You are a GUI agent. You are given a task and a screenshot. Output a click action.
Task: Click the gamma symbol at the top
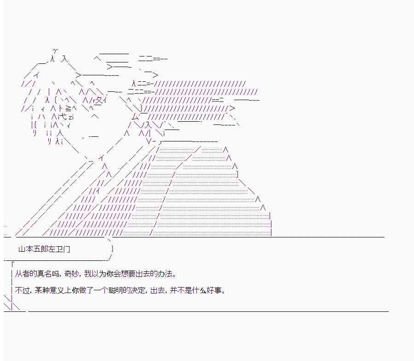(x=55, y=51)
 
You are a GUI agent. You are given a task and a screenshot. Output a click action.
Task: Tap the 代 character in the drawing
(x=63, y=117)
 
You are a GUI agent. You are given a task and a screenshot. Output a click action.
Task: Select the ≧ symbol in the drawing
(x=68, y=108)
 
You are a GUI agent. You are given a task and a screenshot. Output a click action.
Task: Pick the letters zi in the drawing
(x=71, y=117)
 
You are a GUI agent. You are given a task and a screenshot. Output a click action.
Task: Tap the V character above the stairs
(x=149, y=141)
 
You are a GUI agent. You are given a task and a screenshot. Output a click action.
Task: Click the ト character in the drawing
(x=60, y=108)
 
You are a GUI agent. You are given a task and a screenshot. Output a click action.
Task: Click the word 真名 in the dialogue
(x=44, y=274)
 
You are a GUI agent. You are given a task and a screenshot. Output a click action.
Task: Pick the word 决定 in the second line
(x=140, y=290)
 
